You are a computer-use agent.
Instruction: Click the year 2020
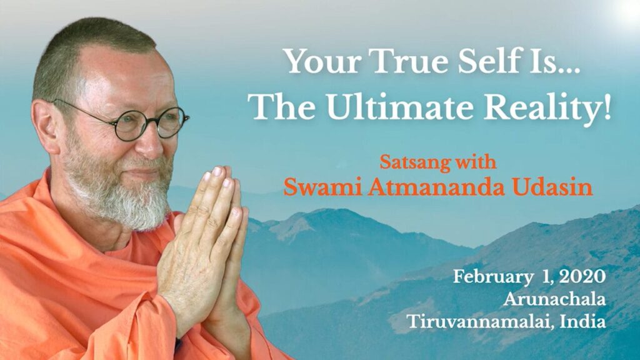[582, 277]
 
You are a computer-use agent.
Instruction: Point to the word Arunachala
[554, 300]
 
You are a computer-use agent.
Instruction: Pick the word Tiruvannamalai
[481, 322]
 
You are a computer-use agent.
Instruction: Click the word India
[583, 322]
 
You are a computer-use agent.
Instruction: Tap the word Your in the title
[323, 61]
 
